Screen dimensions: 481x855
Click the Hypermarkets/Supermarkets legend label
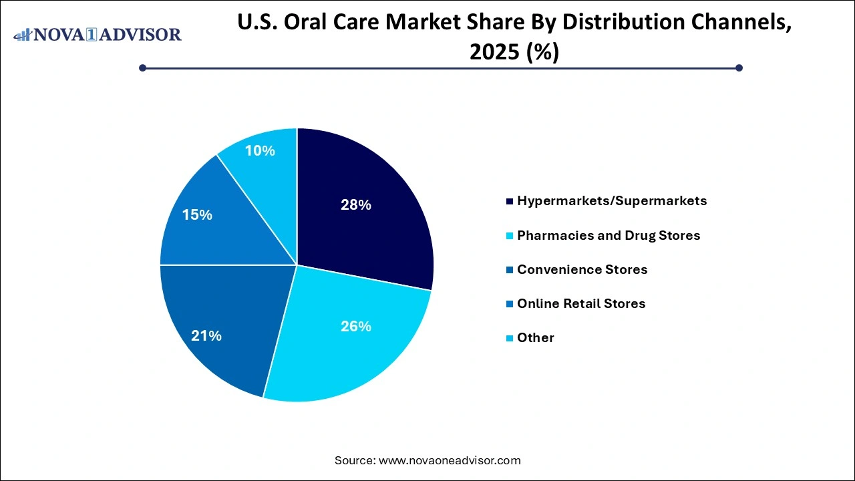[612, 200]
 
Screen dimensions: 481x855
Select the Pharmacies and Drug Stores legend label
[609, 235]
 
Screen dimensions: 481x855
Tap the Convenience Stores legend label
[582, 269]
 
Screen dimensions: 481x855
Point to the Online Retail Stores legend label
[581, 303]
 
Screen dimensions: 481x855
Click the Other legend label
[536, 337]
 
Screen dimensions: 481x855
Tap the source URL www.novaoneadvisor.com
[450, 460]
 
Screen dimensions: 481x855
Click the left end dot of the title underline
[142, 67]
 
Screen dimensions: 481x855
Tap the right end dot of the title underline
[739, 67]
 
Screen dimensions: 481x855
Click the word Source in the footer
[354, 460]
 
